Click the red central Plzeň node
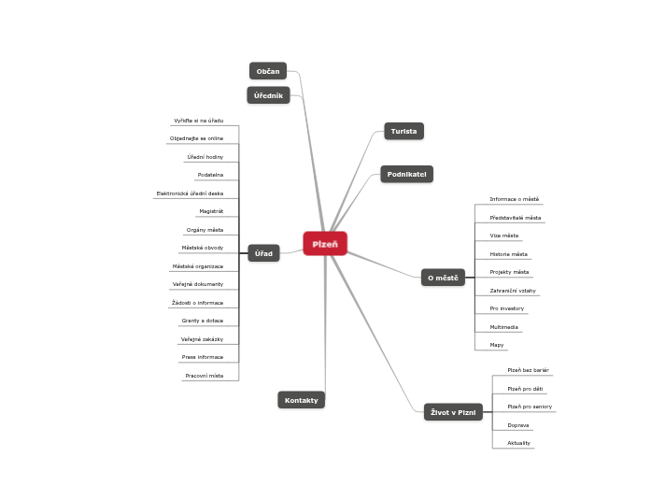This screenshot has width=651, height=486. (325, 243)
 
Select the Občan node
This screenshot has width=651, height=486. (268, 71)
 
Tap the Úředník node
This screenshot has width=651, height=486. (268, 95)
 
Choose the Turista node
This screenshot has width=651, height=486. (403, 132)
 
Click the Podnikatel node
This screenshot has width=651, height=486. (406, 174)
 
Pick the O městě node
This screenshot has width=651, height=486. (443, 278)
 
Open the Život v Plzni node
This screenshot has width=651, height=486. (453, 412)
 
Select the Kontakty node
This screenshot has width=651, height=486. (301, 400)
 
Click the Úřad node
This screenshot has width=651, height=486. (263, 253)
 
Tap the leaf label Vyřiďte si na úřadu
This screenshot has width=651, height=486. (198, 121)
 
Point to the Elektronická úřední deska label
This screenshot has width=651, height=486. (190, 193)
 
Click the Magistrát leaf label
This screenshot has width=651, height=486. (210, 211)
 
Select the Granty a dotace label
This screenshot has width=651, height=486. (202, 321)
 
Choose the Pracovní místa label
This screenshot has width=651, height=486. (204, 375)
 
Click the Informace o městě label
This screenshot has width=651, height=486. (514, 199)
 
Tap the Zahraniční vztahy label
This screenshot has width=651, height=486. (513, 291)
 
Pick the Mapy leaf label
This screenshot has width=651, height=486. (497, 345)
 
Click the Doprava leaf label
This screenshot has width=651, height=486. (518, 425)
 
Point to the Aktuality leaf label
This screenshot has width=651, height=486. (518, 443)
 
